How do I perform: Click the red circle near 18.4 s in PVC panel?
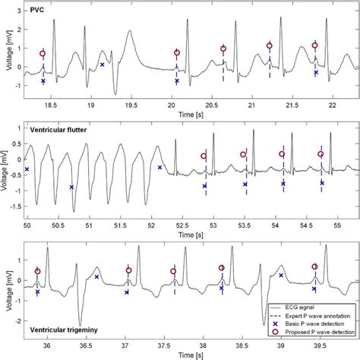click(43, 54)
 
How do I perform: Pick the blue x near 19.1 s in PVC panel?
click(102, 65)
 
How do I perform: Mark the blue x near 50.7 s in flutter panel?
click(72, 187)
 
